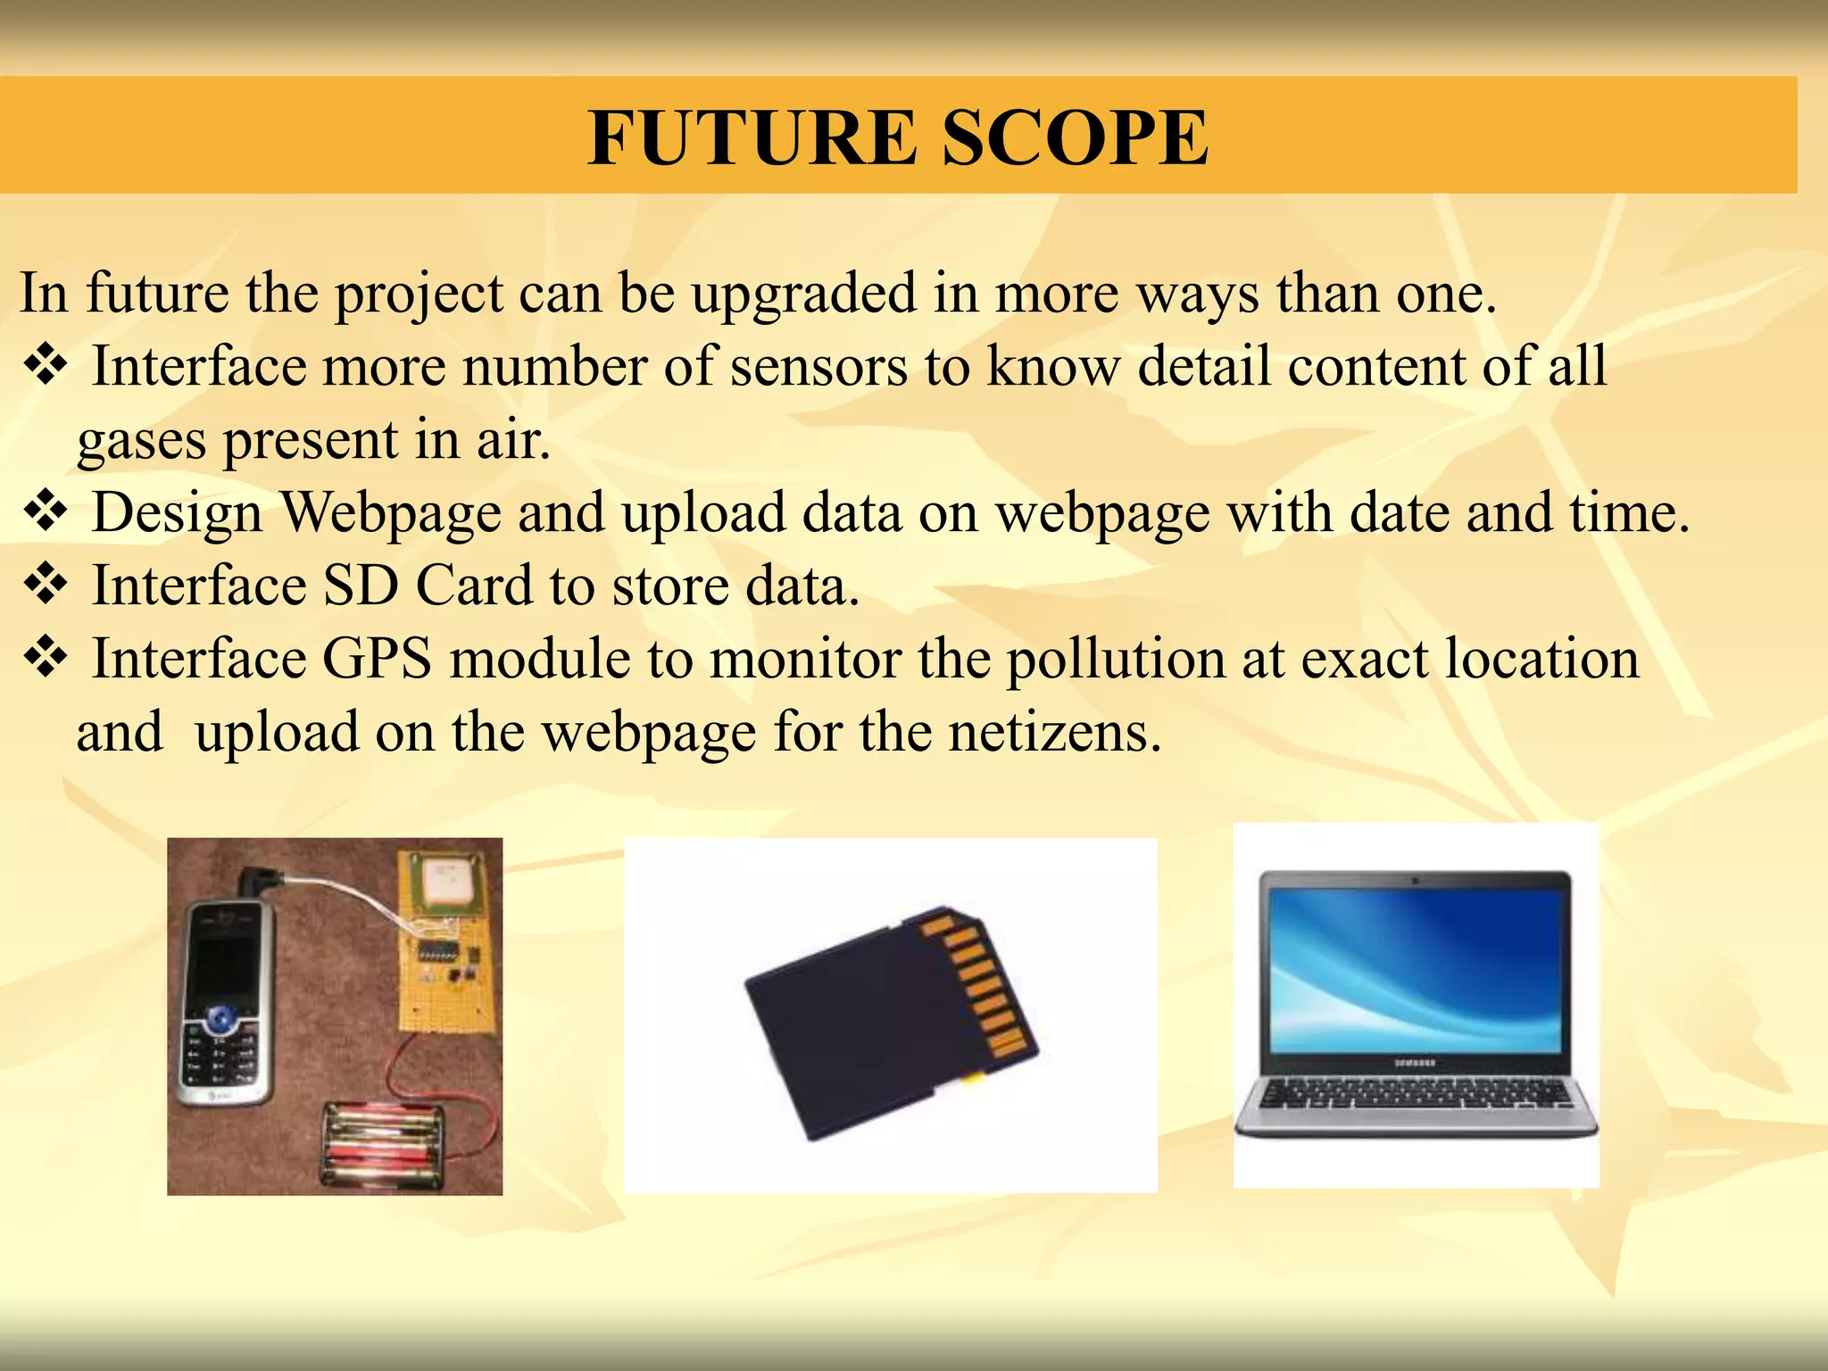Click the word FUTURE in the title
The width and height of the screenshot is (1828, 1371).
point(752,137)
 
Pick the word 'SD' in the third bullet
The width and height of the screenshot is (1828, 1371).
point(360,586)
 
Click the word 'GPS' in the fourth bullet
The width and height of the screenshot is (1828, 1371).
point(377,659)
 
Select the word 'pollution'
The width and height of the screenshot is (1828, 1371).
point(1116,661)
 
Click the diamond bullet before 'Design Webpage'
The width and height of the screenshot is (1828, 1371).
point(46,511)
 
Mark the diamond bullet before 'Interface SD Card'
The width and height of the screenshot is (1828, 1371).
point(46,585)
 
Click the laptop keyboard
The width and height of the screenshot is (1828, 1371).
point(1417,1093)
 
